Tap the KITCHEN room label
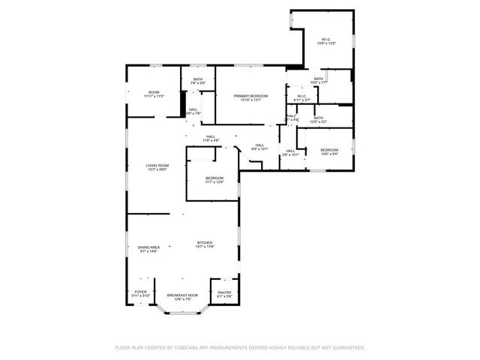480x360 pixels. (x=205, y=244)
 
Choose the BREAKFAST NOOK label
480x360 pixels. (x=182, y=296)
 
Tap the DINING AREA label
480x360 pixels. (x=149, y=248)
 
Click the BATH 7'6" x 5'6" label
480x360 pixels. (x=198, y=80)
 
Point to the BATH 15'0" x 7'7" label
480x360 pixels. (x=319, y=80)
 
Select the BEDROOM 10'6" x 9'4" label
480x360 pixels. (x=330, y=151)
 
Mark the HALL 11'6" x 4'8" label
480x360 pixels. (x=211, y=138)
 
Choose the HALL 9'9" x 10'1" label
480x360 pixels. (x=259, y=147)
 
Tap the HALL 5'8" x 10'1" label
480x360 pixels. (x=290, y=152)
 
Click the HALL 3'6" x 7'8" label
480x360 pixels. (x=193, y=112)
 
